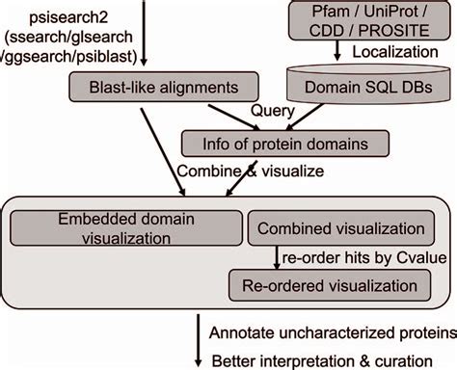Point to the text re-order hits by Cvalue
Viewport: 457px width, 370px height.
(361, 258)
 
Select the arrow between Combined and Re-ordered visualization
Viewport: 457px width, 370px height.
(276, 258)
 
